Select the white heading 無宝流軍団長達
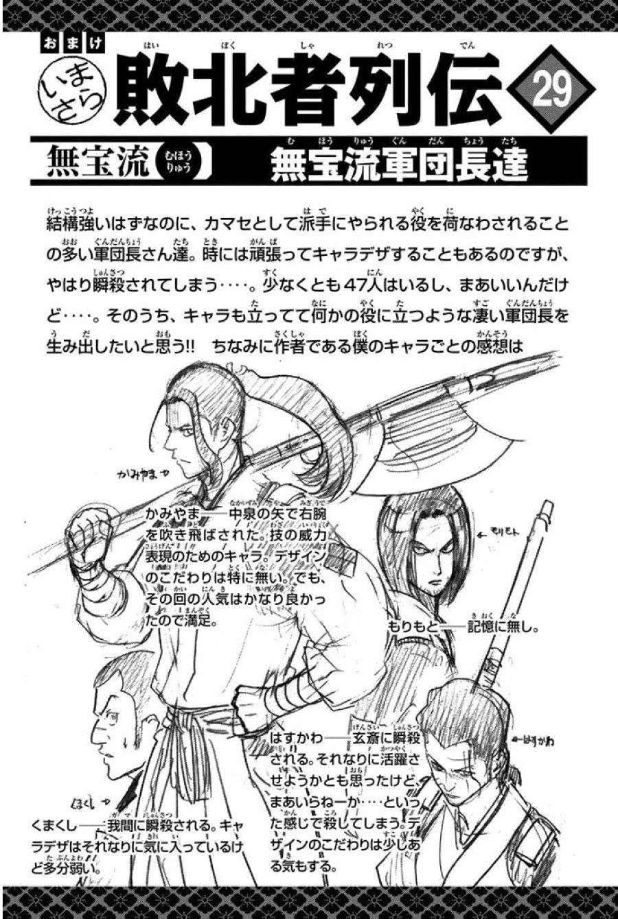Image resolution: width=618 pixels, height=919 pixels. [x=398, y=164]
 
